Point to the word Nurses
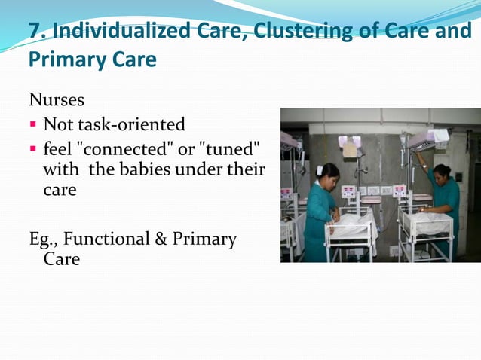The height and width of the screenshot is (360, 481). click(x=57, y=99)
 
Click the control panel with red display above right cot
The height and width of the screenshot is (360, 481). click(x=400, y=191)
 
